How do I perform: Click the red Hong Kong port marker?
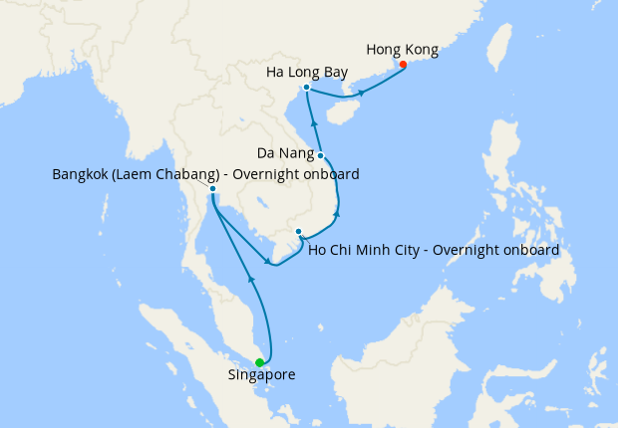click(403, 65)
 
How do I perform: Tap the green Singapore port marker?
click(259, 362)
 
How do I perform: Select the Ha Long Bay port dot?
click(306, 88)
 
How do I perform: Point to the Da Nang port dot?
click(320, 155)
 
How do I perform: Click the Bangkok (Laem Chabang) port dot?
click(212, 188)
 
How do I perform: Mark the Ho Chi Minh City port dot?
click(298, 232)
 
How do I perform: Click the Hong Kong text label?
click(402, 48)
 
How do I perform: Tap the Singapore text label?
click(261, 375)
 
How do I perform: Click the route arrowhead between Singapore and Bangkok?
click(252, 283)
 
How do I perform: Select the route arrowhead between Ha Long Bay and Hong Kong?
click(361, 94)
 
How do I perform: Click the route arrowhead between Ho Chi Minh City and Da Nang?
click(337, 213)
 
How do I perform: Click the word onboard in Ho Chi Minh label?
click(528, 249)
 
